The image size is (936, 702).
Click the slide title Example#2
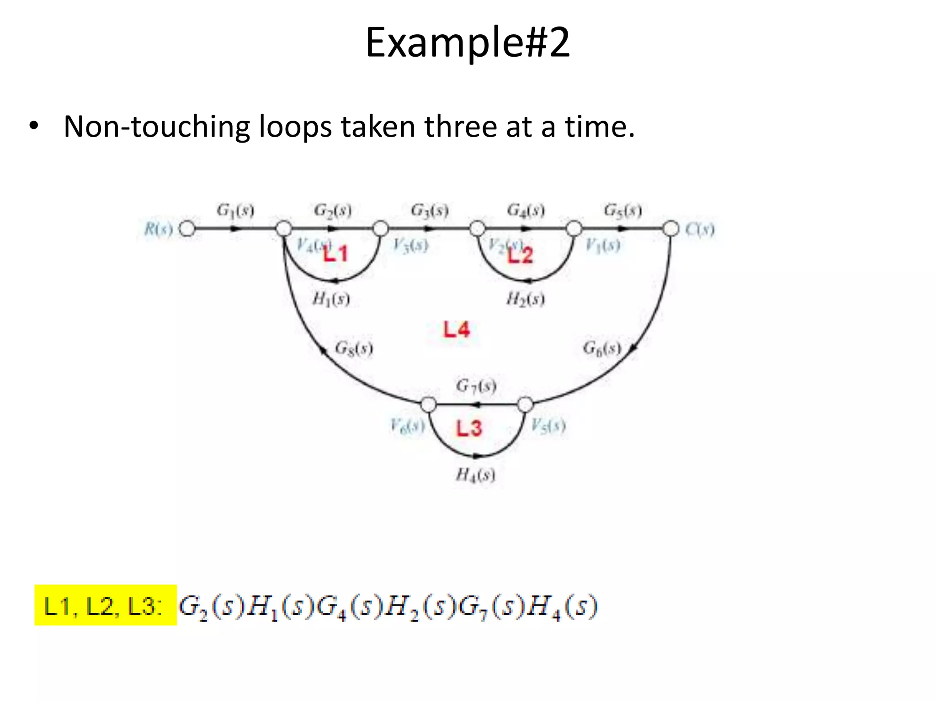(x=468, y=43)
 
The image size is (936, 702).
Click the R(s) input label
(x=159, y=229)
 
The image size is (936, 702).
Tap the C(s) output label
(x=700, y=229)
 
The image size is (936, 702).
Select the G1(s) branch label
(x=235, y=211)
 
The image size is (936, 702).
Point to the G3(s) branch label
(x=429, y=211)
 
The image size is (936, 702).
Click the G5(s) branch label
(x=622, y=211)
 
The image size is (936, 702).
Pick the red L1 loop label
(x=336, y=254)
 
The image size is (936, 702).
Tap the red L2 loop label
(x=521, y=255)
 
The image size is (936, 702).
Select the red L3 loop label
(x=469, y=428)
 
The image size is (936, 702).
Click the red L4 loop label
(x=457, y=330)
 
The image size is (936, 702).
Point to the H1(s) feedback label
(x=331, y=299)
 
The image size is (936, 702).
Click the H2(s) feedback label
(x=525, y=299)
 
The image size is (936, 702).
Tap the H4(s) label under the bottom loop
(x=475, y=475)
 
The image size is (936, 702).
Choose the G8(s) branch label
(x=354, y=348)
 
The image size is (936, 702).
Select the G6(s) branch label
(x=602, y=348)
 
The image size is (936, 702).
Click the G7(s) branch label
(x=476, y=386)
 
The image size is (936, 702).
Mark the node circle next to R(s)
(x=186, y=228)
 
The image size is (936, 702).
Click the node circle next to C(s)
(x=671, y=228)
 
